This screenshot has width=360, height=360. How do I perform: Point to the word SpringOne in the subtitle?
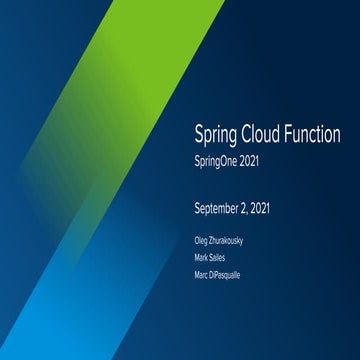click(x=219, y=158)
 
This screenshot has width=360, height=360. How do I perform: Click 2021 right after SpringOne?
click(x=257, y=158)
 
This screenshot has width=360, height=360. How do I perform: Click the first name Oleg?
click(x=201, y=240)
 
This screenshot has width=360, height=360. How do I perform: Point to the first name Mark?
click(x=202, y=256)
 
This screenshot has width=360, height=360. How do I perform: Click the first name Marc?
click(x=202, y=272)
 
